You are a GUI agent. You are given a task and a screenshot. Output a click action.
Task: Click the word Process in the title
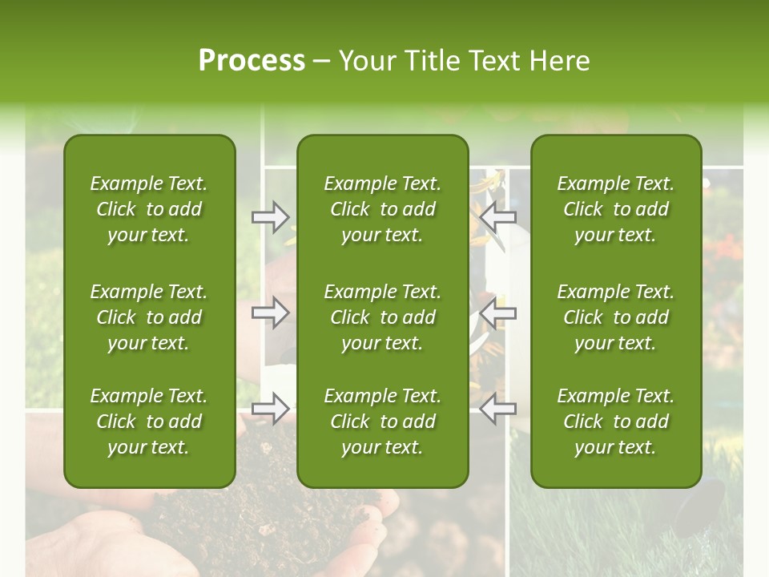click(252, 61)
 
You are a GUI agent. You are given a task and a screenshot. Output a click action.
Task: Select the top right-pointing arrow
click(271, 216)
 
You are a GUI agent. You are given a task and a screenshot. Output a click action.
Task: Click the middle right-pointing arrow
click(271, 313)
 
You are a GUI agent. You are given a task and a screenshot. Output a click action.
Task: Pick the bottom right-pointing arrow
click(271, 409)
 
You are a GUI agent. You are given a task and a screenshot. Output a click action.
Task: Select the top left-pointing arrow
click(498, 216)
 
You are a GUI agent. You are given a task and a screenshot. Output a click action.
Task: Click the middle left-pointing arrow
click(498, 313)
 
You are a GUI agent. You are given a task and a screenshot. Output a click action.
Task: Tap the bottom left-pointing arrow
click(498, 409)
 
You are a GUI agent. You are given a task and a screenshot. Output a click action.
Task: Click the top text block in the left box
click(149, 209)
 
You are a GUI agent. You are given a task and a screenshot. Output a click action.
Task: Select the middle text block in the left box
click(149, 317)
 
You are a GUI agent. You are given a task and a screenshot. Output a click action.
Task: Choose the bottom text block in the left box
click(149, 422)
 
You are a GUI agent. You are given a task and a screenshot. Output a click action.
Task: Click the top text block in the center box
click(382, 209)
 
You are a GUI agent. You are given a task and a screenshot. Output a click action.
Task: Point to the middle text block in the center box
click(382, 317)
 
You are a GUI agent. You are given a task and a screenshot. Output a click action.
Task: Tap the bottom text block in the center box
click(382, 422)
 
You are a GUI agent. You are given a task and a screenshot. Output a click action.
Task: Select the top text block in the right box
click(615, 209)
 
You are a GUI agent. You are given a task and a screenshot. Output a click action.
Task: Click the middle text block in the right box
click(615, 317)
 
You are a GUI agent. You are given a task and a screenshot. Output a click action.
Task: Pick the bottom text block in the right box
click(615, 422)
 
